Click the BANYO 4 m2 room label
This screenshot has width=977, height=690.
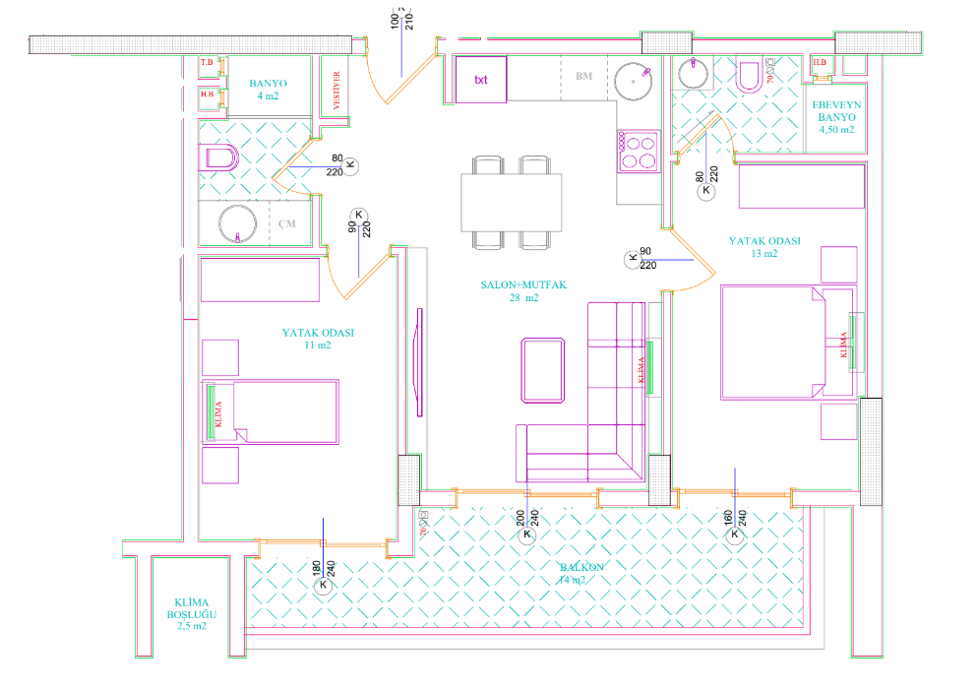267,90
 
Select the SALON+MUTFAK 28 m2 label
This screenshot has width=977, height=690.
523,290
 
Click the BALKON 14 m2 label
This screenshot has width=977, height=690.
582,574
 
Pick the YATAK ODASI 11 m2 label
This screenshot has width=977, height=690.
318,339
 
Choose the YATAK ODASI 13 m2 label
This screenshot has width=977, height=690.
763,246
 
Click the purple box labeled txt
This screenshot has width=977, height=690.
481,80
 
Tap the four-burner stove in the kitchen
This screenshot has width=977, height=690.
638,153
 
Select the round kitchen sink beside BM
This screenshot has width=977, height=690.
634,80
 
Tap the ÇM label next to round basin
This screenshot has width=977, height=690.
287,224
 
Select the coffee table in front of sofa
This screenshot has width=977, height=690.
544,370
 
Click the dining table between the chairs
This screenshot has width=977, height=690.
512,202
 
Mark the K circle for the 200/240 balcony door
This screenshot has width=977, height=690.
526,534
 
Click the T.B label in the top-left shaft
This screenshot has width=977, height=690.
207,64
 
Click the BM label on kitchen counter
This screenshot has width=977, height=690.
583,75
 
